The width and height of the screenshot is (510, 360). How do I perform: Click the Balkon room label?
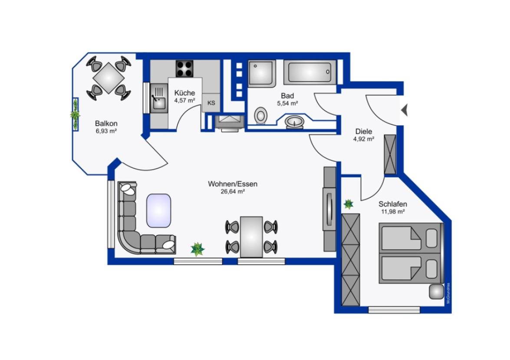tap(106, 124)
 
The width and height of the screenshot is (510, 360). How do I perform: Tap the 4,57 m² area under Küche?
tap(184, 100)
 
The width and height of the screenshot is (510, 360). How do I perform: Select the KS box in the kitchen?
tap(211, 103)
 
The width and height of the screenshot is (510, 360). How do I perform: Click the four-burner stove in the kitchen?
tap(184, 69)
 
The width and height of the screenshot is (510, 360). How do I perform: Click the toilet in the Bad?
tap(260, 115)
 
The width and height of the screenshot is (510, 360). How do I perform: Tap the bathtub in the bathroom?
tap(309, 72)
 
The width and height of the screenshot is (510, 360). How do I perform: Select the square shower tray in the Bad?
tap(262, 73)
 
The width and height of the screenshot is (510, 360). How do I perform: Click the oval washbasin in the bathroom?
tap(295, 122)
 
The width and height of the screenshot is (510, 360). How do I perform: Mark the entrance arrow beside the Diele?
tap(404, 110)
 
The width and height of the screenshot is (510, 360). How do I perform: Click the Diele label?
tap(364, 131)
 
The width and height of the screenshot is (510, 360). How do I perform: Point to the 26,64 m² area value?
tap(233, 192)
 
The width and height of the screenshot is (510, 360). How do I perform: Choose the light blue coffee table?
tap(159, 210)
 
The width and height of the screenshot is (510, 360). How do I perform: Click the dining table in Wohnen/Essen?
tap(251, 237)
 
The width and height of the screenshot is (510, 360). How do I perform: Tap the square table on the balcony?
tap(109, 78)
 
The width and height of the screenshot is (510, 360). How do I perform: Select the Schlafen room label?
tap(392, 204)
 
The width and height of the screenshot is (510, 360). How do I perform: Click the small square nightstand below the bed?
tap(436, 292)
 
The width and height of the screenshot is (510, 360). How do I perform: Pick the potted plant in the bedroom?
tap(349, 204)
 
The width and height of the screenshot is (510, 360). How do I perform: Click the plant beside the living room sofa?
tap(197, 249)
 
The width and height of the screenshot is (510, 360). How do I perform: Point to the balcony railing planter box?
tap(76, 115)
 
